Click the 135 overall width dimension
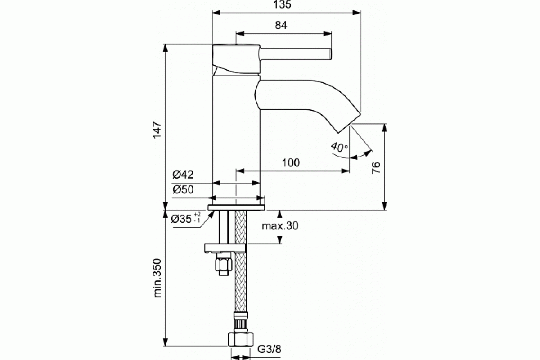click(x=282, y=4)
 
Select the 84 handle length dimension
click(x=281, y=25)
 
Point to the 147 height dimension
click(x=157, y=130)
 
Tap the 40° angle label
click(x=339, y=147)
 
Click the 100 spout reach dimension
click(x=291, y=163)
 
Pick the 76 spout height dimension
click(x=376, y=167)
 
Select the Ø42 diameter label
click(x=183, y=174)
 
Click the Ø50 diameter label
click(x=183, y=189)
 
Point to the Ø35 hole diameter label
click(x=185, y=218)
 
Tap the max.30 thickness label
click(x=280, y=226)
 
